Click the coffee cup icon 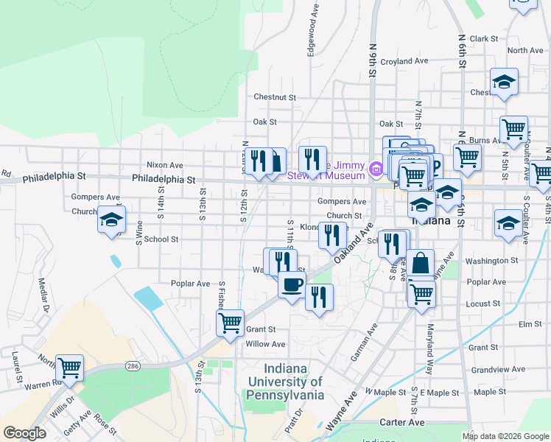[x=292, y=284]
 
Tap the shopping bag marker [x=420, y=262]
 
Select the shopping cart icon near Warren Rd [x=69, y=367]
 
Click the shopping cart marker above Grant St [x=230, y=322]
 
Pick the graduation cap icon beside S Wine [x=111, y=220]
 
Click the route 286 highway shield [x=133, y=365]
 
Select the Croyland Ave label [x=405, y=61]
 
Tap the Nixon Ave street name [x=165, y=165]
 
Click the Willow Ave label [x=265, y=344]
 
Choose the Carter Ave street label [x=401, y=423]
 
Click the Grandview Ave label [x=498, y=369]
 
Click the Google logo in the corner [x=24, y=433]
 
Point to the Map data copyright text [x=506, y=436]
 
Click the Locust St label [x=483, y=304]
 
